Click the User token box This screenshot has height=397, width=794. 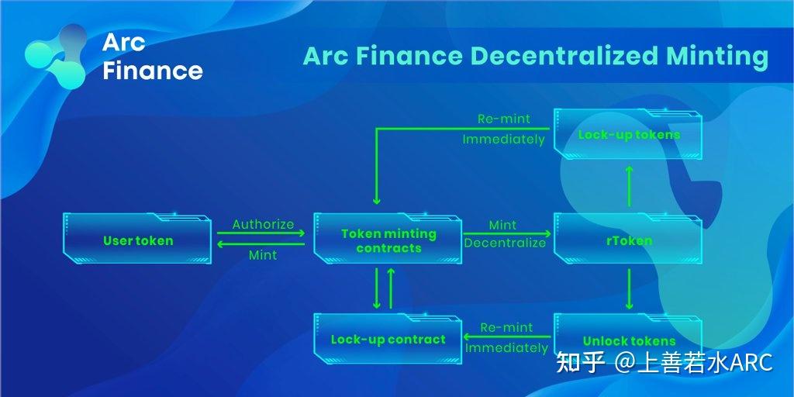coord(138,241)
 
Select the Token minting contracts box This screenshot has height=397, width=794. coord(388,241)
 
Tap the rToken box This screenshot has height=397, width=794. coord(629,241)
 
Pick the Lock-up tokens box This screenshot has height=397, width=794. coord(629,135)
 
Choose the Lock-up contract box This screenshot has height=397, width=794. coord(388,340)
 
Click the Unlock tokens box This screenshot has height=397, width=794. coord(629,341)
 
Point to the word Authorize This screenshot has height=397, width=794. coord(263,224)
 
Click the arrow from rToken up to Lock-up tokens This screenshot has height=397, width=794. coord(629,185)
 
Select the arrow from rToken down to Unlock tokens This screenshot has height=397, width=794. coord(629,289)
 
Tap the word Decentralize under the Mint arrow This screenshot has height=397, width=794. coord(505,243)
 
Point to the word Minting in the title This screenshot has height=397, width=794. coord(716,57)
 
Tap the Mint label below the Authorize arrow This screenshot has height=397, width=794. coord(263,254)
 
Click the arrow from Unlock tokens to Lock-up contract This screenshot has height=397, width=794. coord(507,337)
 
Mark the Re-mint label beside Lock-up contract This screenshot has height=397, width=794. coord(506,327)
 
